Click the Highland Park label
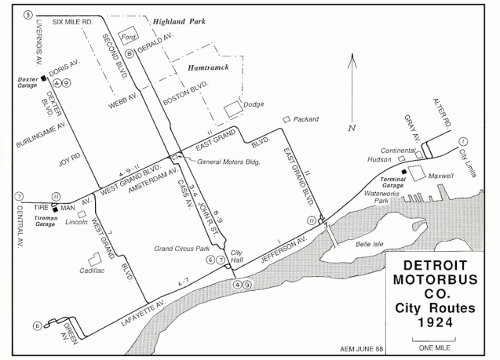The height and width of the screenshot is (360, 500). (178, 23)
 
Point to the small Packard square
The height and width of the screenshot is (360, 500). (286, 119)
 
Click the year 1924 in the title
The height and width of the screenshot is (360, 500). (432, 320)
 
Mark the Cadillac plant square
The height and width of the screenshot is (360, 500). (95, 260)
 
